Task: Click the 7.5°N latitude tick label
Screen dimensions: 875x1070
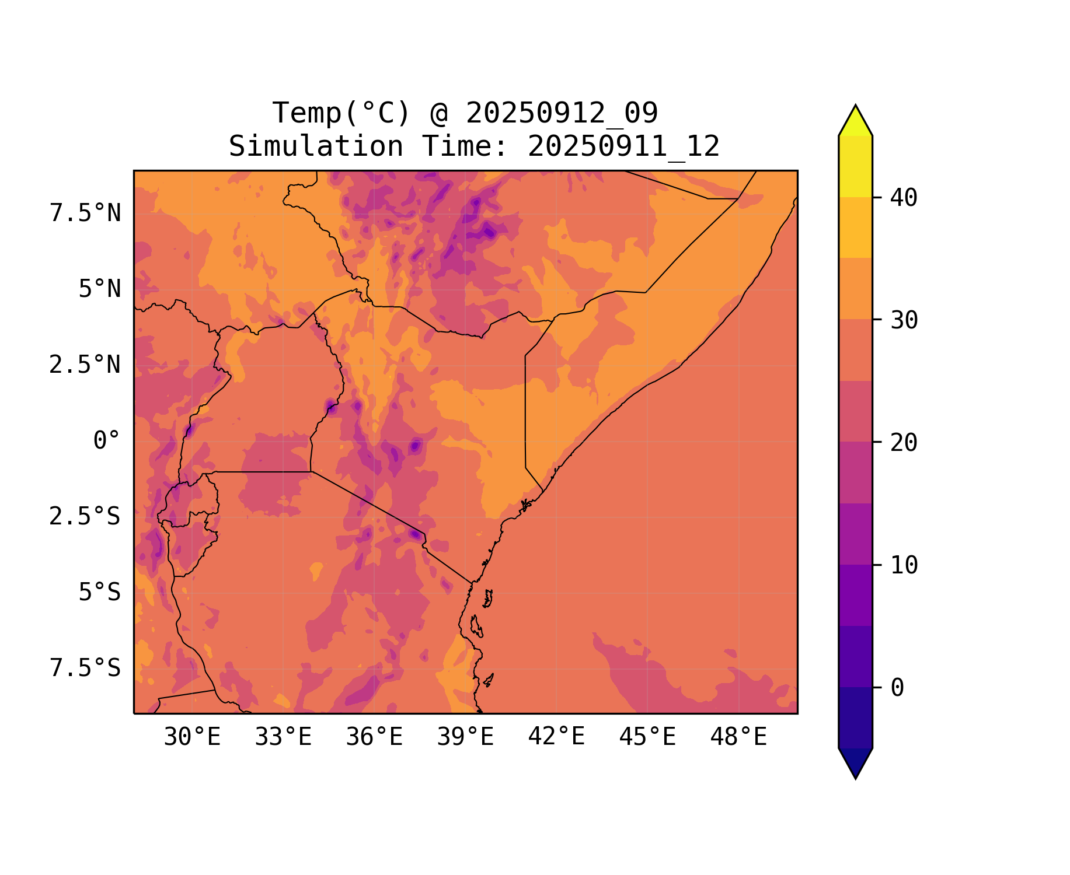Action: click(85, 213)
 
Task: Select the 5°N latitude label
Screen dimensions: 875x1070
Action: click(100, 289)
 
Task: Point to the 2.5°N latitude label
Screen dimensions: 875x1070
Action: click(85, 365)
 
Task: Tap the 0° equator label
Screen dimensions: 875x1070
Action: click(107, 441)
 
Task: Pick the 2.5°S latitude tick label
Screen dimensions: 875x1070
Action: click(85, 517)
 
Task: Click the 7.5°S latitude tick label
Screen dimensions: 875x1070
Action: click(85, 668)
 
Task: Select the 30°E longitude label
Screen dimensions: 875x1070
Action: click(192, 737)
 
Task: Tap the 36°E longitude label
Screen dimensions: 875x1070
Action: click(374, 737)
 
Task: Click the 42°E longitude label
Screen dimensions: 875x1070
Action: click(556, 737)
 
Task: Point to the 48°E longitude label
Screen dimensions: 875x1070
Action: click(738, 737)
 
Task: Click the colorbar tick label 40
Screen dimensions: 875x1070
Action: click(904, 198)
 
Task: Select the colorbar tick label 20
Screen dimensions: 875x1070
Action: click(904, 443)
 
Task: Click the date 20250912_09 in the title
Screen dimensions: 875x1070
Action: click(562, 113)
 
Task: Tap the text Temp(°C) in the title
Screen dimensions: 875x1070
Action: click(341, 113)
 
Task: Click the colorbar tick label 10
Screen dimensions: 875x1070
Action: click(904, 565)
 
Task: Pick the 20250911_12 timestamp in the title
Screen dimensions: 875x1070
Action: click(623, 146)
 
